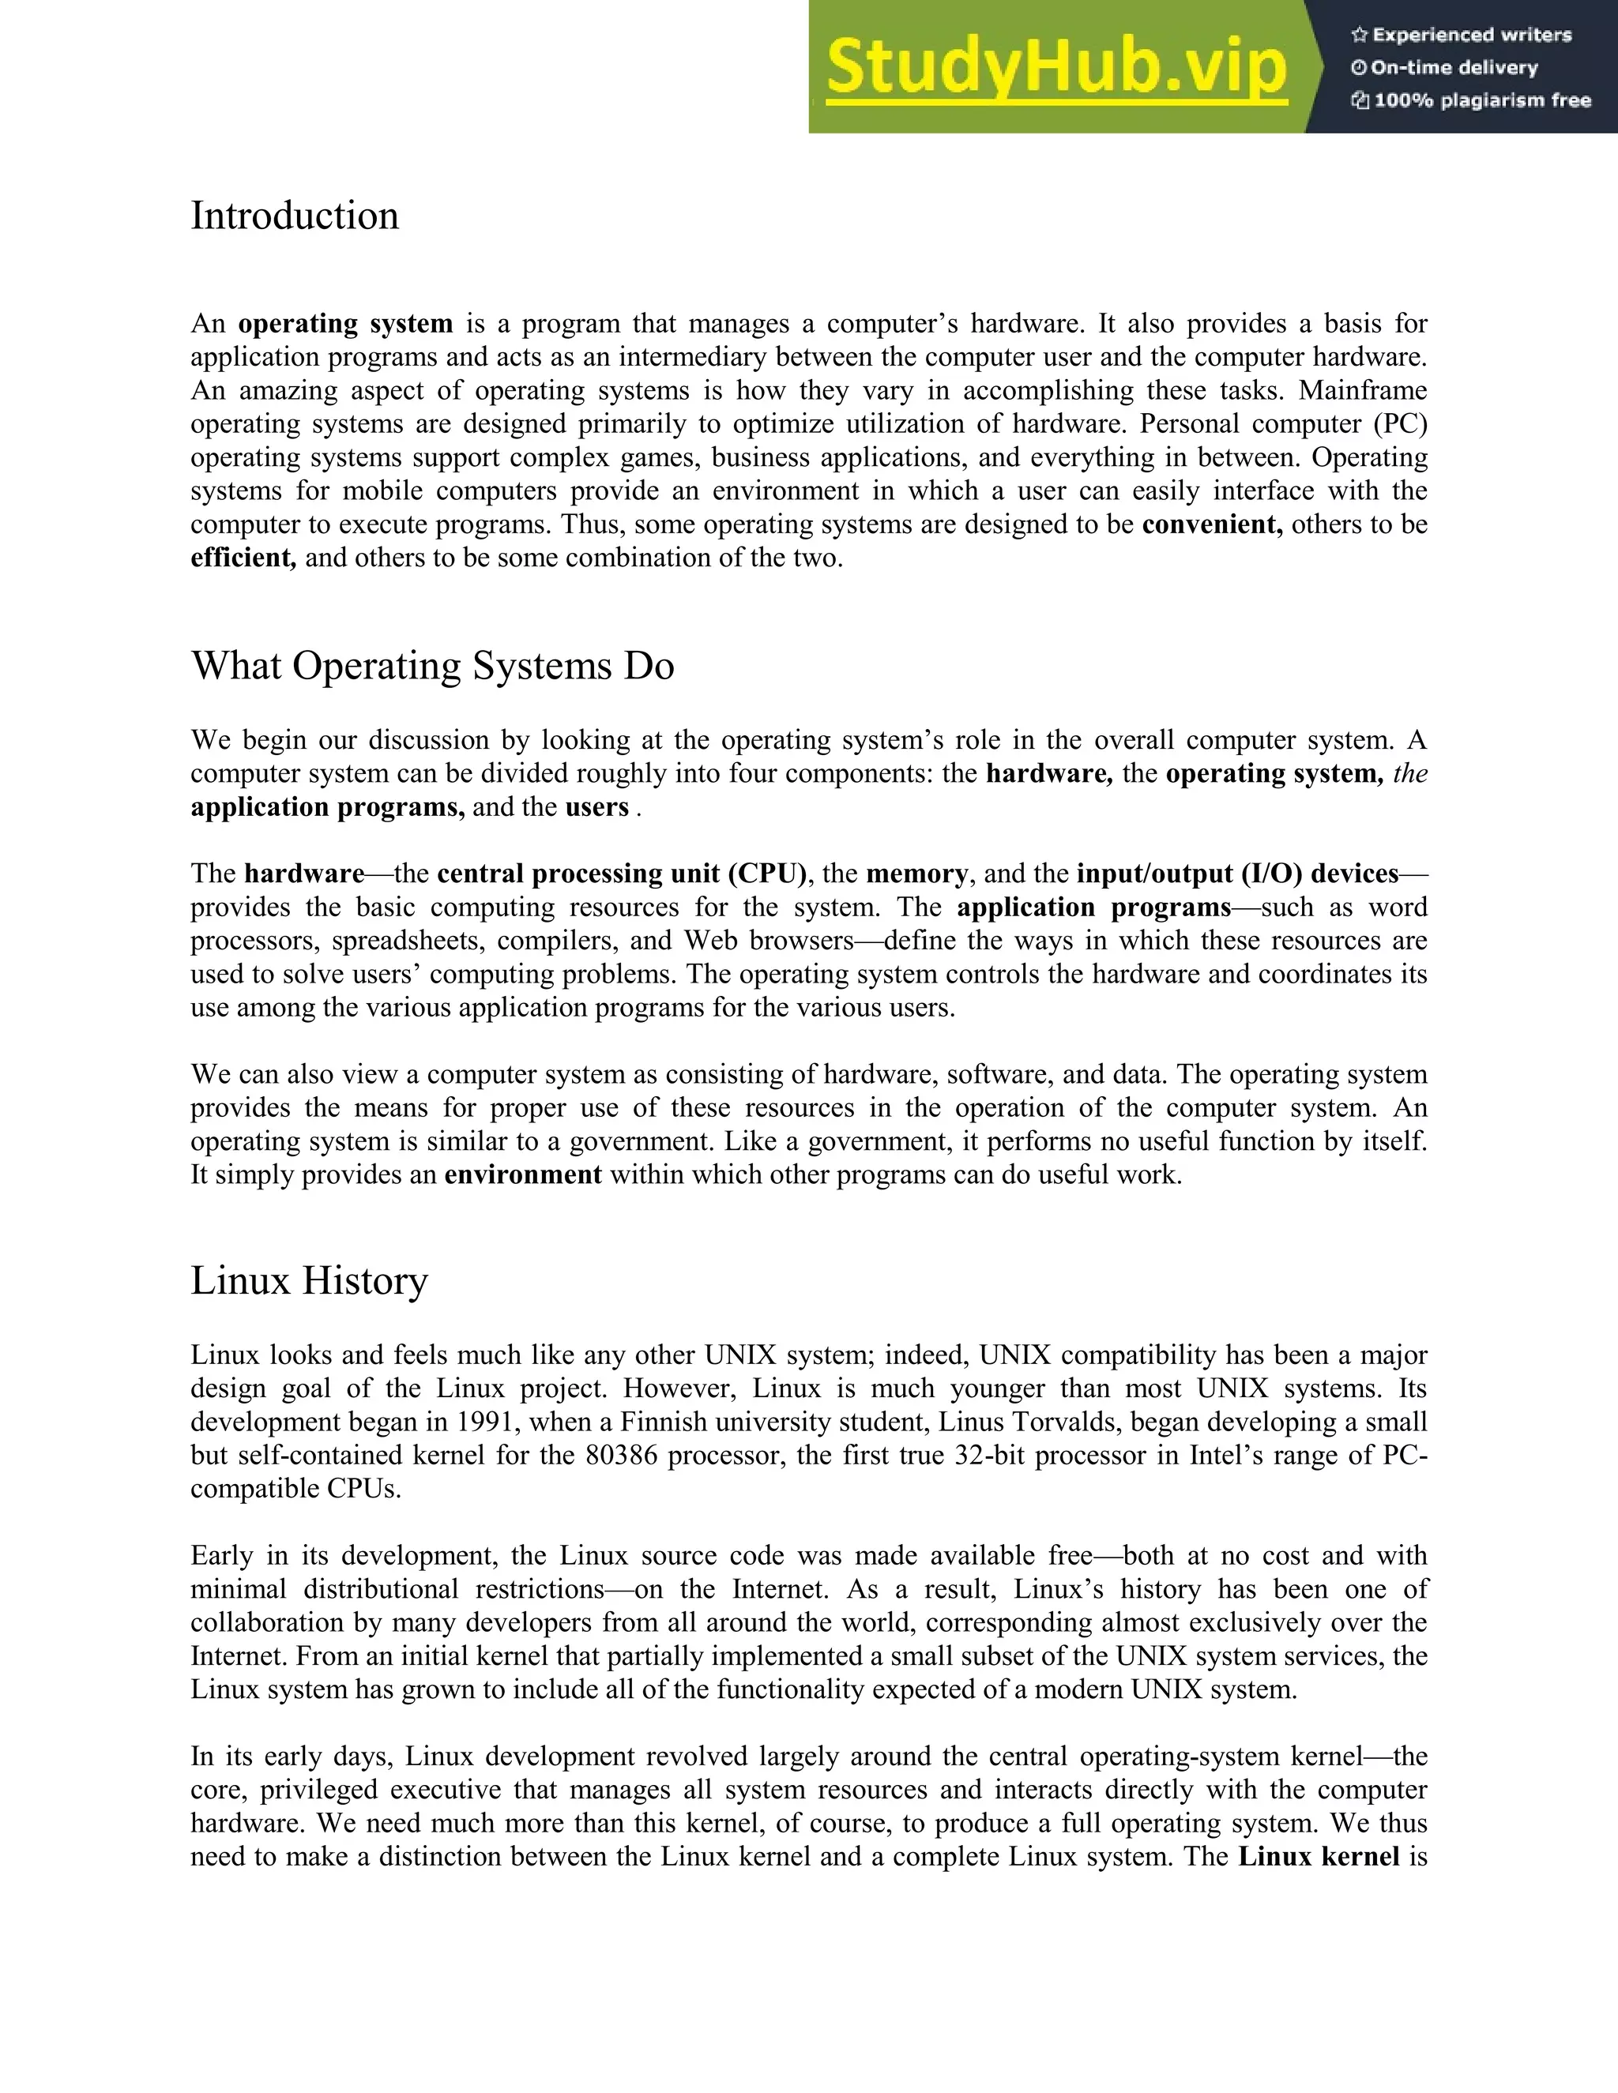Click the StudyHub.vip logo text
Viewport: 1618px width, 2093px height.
(x=1055, y=67)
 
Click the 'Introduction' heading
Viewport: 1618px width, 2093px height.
(x=294, y=216)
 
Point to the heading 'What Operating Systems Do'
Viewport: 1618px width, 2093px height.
(x=432, y=666)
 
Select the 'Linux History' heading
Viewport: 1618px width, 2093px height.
(x=309, y=1281)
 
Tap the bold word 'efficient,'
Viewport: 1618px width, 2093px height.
(x=243, y=558)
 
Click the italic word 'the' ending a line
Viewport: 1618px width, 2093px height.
(x=1409, y=773)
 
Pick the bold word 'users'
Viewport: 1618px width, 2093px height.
(x=596, y=807)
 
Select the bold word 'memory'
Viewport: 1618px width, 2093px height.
(x=916, y=874)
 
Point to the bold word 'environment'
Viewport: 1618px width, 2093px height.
(x=522, y=1175)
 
